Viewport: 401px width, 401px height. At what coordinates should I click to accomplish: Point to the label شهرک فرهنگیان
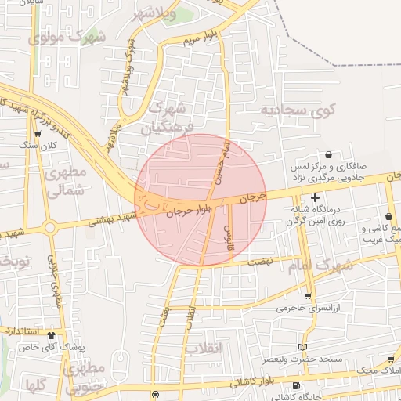tap(168, 117)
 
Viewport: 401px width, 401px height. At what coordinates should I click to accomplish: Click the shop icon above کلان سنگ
tap(37, 134)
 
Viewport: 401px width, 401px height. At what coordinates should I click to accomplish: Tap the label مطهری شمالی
tap(60, 181)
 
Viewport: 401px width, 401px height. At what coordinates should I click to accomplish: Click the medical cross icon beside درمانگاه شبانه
tap(316, 197)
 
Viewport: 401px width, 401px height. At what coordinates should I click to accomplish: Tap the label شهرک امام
tap(321, 266)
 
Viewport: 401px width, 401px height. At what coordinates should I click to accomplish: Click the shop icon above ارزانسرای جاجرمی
tap(308, 295)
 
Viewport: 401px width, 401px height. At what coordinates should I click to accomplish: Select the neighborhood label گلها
tap(33, 385)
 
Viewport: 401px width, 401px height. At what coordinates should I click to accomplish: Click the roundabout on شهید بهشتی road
tap(52, 228)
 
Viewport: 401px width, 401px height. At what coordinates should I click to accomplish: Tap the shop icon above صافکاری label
tap(328, 154)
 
